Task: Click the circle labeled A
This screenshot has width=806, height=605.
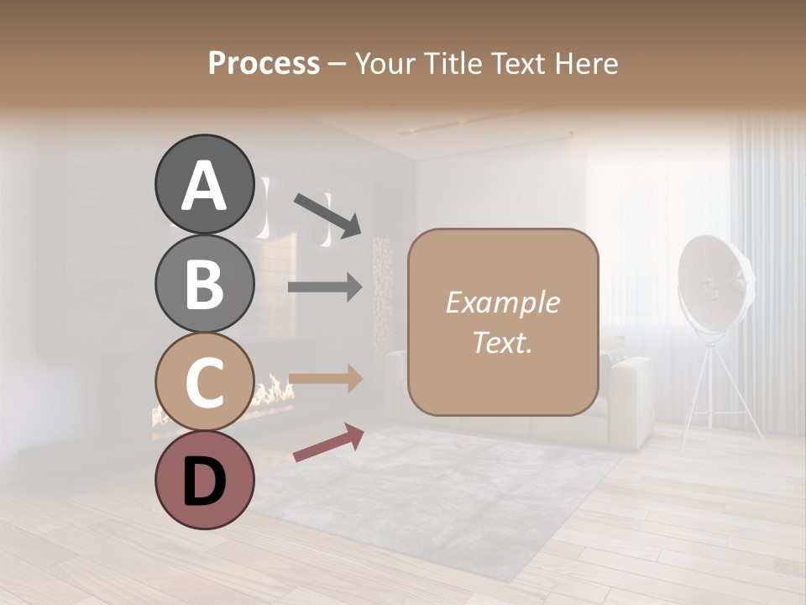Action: [x=204, y=184]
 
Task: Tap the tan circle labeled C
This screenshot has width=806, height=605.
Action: [x=204, y=381]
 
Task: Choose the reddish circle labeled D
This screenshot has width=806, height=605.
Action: [x=204, y=481]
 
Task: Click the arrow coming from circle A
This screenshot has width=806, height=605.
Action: [x=327, y=213]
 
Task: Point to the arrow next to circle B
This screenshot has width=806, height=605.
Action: [x=325, y=287]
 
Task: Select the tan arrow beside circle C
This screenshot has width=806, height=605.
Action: [x=325, y=378]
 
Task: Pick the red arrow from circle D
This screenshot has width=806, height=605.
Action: [x=328, y=443]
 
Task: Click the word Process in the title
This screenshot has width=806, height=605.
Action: [x=264, y=63]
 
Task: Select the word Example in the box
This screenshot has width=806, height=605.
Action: [x=502, y=302]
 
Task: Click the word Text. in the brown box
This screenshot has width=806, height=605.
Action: [x=502, y=343]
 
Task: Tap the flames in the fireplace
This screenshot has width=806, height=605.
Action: [x=273, y=392]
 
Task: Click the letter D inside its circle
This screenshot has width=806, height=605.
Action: [x=204, y=482]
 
